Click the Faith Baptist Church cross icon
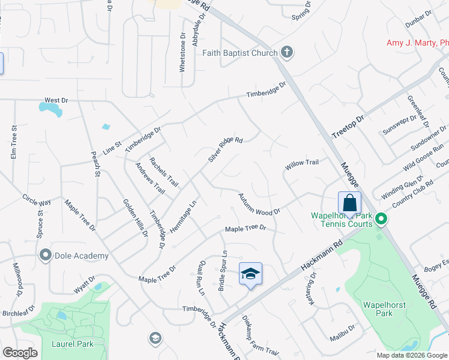(287, 53)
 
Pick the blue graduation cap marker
(251, 274)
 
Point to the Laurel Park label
(76, 344)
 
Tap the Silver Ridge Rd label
(225, 149)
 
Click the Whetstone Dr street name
(183, 52)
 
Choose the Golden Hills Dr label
(136, 217)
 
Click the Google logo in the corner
(20, 353)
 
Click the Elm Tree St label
(13, 142)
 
